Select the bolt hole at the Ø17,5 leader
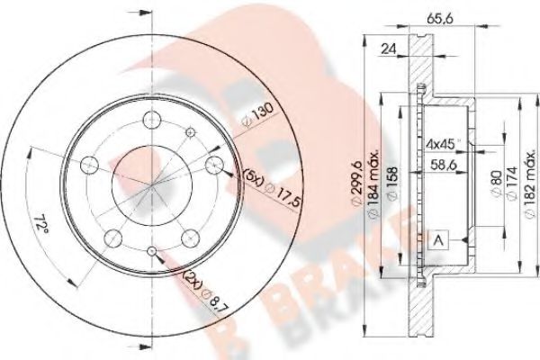tap(214, 164)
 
